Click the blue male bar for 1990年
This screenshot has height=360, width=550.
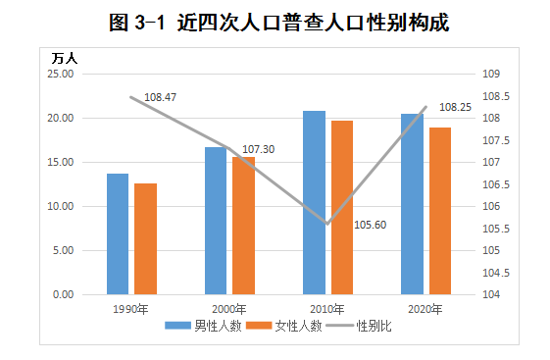point(118,233)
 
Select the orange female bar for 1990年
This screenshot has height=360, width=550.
point(145,238)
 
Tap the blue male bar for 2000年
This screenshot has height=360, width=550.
point(216,221)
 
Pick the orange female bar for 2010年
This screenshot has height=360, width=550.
point(341,207)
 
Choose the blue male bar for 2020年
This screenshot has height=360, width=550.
point(412,204)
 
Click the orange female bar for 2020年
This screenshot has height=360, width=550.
point(439,211)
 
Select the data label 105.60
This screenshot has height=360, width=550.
point(371,225)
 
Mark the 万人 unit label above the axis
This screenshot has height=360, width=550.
point(65,57)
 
